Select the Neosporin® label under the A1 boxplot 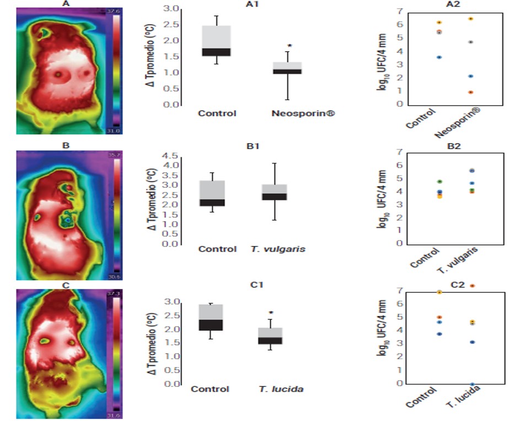303,113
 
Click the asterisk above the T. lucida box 271,313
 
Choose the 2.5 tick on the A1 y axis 172,25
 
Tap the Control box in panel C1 211,317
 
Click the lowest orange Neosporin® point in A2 470,92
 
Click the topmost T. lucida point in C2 471,286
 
